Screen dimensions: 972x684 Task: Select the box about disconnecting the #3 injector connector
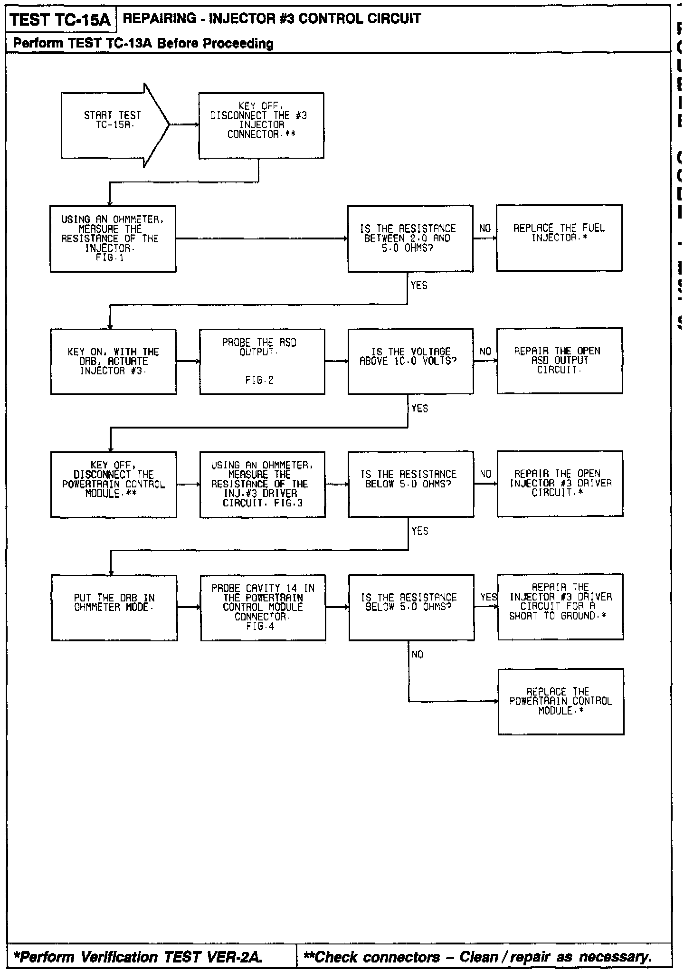tap(261, 125)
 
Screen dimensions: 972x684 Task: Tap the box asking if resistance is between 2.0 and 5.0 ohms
tap(410, 238)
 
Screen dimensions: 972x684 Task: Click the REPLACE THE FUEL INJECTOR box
tap(559, 238)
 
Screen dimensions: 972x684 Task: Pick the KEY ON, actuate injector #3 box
tap(114, 362)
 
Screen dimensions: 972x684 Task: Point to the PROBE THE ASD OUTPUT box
tap(262, 362)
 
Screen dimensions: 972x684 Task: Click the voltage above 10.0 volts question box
tap(410, 361)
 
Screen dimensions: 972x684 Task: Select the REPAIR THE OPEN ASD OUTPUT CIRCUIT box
tap(560, 361)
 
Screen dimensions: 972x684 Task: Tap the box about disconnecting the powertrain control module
tap(114, 485)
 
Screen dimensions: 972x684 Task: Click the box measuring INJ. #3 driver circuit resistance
tap(263, 485)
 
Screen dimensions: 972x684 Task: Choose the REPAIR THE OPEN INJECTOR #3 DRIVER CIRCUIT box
tap(560, 484)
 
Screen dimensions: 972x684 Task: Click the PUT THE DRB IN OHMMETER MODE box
tap(114, 608)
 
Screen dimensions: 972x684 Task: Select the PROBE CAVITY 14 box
tap(263, 608)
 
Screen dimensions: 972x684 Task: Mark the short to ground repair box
tap(560, 607)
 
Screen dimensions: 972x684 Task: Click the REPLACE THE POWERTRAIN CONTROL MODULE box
tap(561, 701)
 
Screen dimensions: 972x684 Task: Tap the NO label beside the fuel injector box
tap(485, 229)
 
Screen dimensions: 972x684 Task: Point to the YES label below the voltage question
tap(419, 409)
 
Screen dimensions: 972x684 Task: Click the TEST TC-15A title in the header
tap(60, 20)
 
